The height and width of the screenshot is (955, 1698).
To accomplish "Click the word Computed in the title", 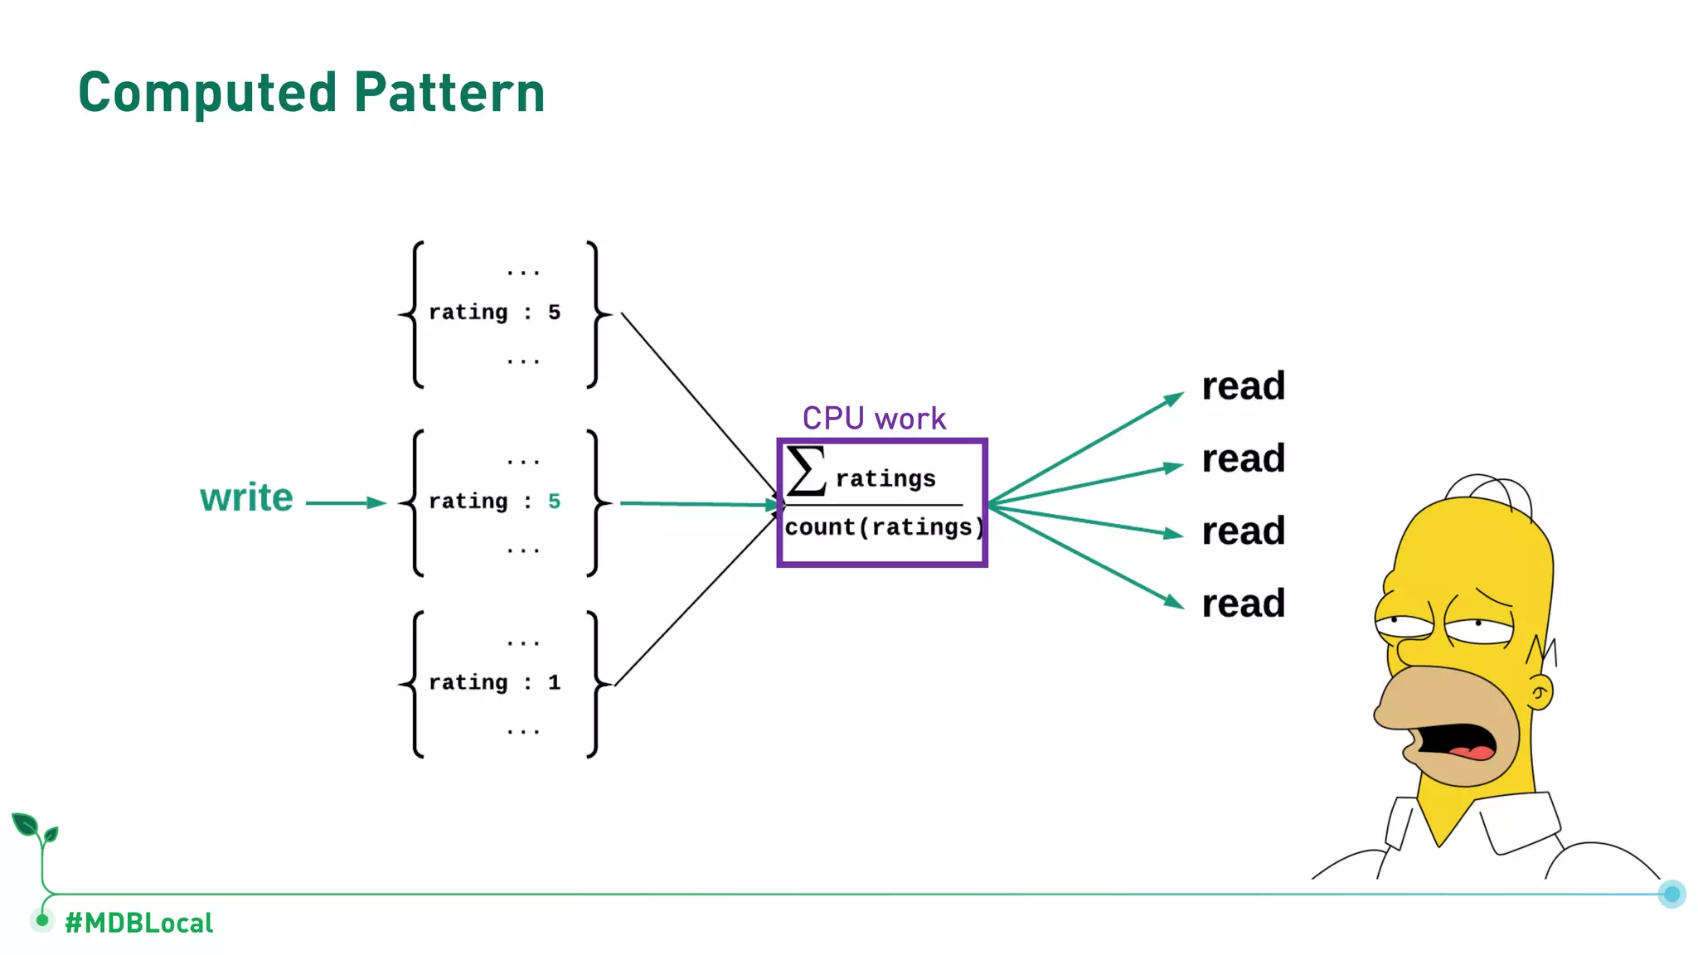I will [207, 93].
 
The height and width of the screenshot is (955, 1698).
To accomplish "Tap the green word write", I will [246, 498].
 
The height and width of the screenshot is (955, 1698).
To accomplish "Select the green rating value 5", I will [554, 502].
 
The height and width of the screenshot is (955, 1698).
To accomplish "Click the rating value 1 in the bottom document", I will [554, 682].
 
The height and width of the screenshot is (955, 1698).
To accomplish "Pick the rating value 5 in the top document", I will [554, 313].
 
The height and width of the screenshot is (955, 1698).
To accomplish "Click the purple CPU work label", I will [874, 419].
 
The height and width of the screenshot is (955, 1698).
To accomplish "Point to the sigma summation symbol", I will [806, 471].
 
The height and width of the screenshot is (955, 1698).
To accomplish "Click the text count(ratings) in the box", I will [884, 527].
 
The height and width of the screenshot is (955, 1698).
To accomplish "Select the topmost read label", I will [1243, 386].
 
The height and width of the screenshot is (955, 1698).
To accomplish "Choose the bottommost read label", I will [1243, 604].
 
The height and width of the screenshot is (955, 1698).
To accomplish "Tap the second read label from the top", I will [1243, 458].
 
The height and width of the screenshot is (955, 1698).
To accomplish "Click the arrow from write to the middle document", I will [345, 502].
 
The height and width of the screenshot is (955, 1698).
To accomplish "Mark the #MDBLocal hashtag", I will [139, 923].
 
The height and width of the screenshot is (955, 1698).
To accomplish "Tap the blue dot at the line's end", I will [1671, 894].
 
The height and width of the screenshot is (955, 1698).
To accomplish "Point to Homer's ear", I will [1540, 692].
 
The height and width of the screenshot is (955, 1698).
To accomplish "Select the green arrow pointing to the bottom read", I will [1086, 555].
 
